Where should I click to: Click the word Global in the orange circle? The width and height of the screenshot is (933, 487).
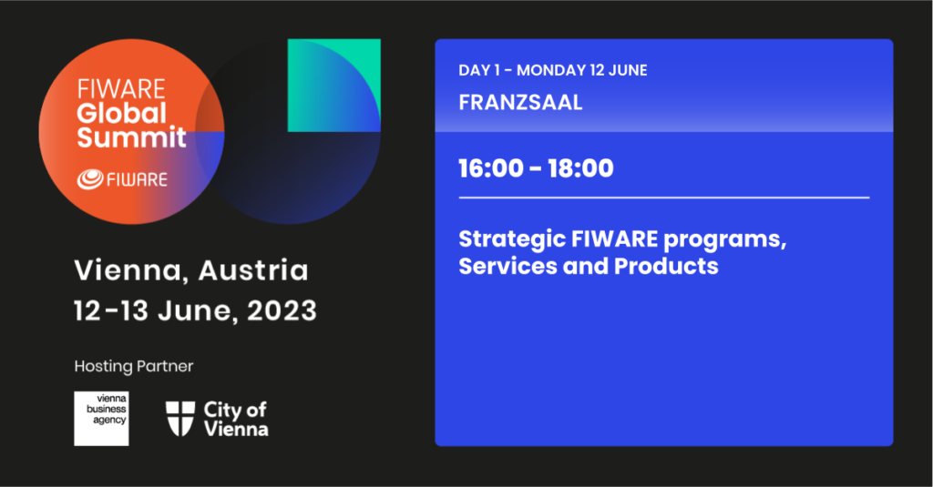click(121, 113)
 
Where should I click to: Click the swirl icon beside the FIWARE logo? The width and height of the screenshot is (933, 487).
click(90, 179)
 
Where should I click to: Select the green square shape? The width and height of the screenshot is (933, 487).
click(333, 85)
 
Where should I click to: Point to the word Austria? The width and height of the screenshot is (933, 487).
click(253, 270)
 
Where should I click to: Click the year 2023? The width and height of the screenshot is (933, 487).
click(282, 310)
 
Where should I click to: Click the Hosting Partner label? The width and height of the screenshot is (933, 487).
click(134, 366)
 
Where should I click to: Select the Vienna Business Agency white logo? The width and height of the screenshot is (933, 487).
click(101, 419)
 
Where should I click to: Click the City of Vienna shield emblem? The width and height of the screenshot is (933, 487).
click(180, 419)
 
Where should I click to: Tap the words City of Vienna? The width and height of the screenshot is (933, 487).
click(236, 420)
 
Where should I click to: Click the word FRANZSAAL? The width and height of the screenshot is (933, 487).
click(520, 102)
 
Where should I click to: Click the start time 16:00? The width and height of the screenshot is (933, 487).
click(491, 168)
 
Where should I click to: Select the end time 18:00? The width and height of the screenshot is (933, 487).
click(580, 168)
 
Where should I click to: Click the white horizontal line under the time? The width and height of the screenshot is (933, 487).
click(664, 198)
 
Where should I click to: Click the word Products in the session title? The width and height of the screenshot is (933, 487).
click(666, 266)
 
